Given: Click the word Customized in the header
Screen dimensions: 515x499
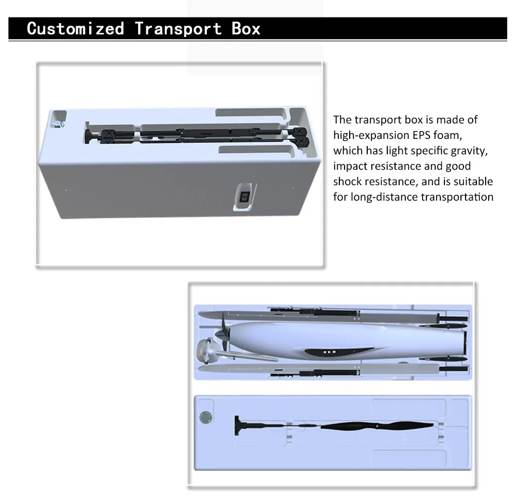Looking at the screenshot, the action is pyautogui.click(x=76, y=28).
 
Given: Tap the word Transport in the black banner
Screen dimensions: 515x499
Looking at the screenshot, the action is pyautogui.click(x=178, y=29).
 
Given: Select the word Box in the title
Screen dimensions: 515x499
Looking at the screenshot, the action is pyautogui.click(x=246, y=28).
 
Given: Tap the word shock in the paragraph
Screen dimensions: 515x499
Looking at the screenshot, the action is pyautogui.click(x=348, y=182).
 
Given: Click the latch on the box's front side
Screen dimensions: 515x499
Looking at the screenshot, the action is pyautogui.click(x=245, y=197).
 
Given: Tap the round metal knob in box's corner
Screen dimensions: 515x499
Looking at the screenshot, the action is pyautogui.click(x=58, y=123).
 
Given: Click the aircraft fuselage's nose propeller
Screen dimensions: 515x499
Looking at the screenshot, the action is pyautogui.click(x=224, y=332).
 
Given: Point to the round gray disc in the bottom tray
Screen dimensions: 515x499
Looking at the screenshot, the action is pyautogui.click(x=205, y=417).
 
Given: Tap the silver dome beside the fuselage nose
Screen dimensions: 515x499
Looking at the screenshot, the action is pyautogui.click(x=206, y=351).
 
